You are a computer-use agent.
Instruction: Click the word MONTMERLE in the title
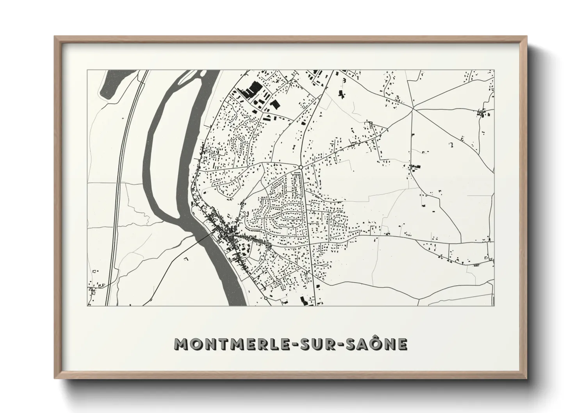coord(225,344)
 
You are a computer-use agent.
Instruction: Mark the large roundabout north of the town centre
coord(301,167)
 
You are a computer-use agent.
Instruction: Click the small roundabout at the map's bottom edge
coord(266,298)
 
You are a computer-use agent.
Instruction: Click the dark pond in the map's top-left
coord(110,84)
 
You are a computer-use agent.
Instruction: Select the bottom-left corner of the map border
coord(87,306)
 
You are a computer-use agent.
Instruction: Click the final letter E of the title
coord(403,344)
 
